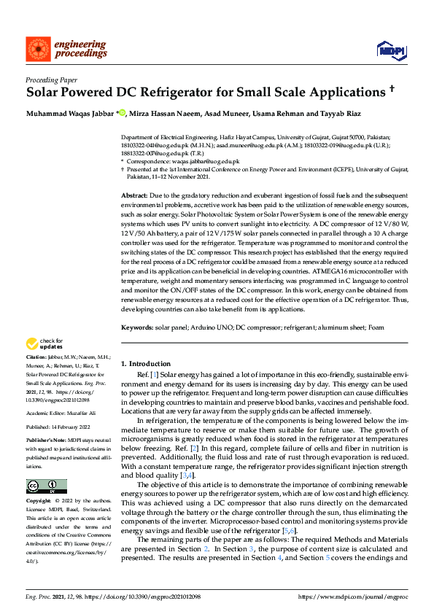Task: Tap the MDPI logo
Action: (x=389, y=49)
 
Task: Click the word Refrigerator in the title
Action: (x=219, y=93)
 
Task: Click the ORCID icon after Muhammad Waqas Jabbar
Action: (x=122, y=113)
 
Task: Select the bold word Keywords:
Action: (x=137, y=329)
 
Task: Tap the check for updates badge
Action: (x=45, y=343)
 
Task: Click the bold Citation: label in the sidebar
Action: (x=38, y=357)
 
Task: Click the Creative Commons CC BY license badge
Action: (x=46, y=487)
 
